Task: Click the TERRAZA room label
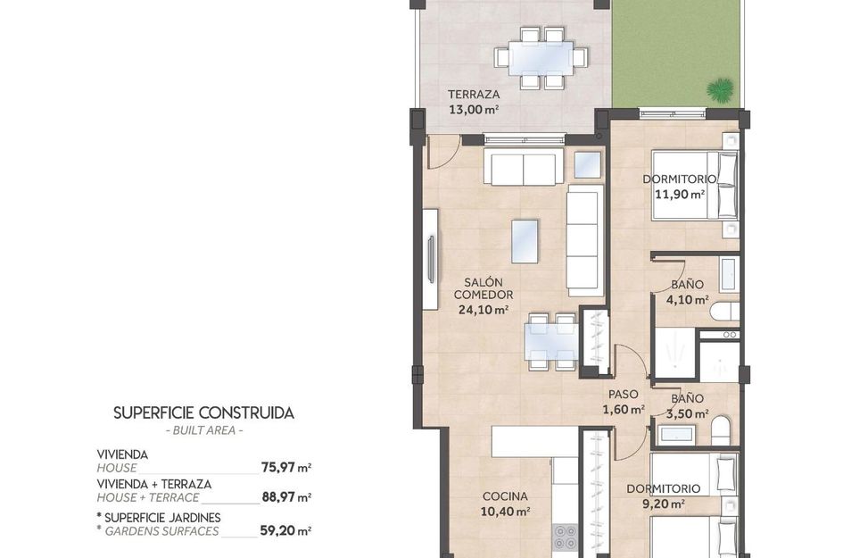pos(474,94)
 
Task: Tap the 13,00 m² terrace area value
pos(474,110)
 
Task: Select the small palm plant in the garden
pos(720,90)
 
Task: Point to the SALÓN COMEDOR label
pos(483,288)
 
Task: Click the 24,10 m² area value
pos(483,310)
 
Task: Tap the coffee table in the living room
pos(525,241)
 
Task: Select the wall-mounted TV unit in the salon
pos(430,259)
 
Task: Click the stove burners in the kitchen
pos(565,537)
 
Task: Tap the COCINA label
pos(505,496)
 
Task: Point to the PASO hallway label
pos(624,395)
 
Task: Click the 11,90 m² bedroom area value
pos(680,195)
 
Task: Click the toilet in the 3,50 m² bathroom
pos(721,429)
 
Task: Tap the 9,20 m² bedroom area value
pos(664,504)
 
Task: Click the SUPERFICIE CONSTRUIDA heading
pos(203,413)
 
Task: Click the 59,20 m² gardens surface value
pos(285,530)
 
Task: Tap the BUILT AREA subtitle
pos(203,430)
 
